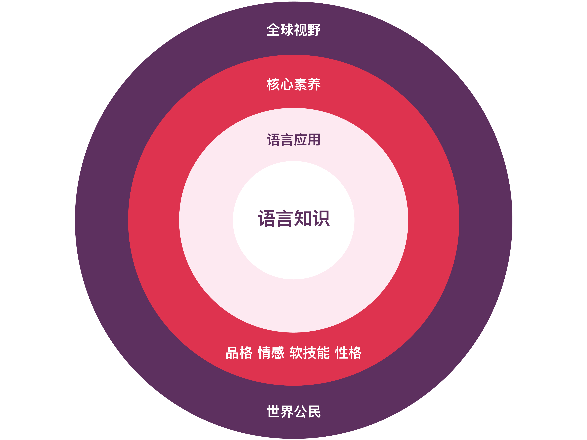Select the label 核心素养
pyautogui.click(x=294, y=84)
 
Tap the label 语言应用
pyautogui.click(x=294, y=140)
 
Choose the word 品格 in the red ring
pyautogui.click(x=239, y=353)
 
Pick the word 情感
pyautogui.click(x=271, y=353)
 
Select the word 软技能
pyautogui.click(x=309, y=353)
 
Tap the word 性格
pyautogui.click(x=348, y=353)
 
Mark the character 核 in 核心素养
pyautogui.click(x=273, y=84)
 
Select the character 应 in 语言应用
pyautogui.click(x=300, y=140)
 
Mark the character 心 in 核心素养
pyautogui.click(x=287, y=84)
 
